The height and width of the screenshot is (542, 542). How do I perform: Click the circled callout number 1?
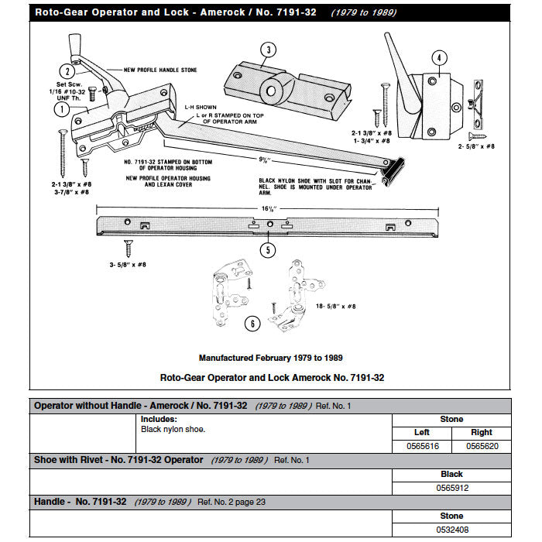pos(59,110)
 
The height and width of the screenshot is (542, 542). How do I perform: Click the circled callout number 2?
pos(69,71)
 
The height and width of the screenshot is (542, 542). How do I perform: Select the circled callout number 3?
pos(267,51)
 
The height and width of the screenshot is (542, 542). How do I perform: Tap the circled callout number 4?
pos(438,58)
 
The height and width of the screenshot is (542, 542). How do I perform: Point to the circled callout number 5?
pos(268,249)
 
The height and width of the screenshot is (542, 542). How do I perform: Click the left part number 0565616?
pos(422,447)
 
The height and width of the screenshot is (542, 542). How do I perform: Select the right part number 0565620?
pos(482,447)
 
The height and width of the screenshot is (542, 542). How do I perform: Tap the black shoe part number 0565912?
pos(451,488)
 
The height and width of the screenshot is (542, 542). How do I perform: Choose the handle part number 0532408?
pos(451,529)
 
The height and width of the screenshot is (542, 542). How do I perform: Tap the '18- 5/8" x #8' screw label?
pos(335,307)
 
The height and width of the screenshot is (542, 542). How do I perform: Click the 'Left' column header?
pos(422,433)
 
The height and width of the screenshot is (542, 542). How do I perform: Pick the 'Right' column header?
pos(482,433)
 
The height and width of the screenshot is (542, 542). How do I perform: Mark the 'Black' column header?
pos(451,474)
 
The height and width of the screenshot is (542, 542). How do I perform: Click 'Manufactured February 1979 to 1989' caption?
pos(271,358)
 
